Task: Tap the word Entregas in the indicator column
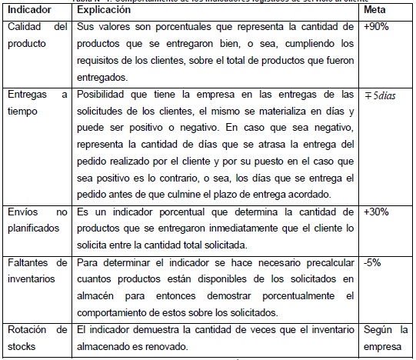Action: click(26, 94)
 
